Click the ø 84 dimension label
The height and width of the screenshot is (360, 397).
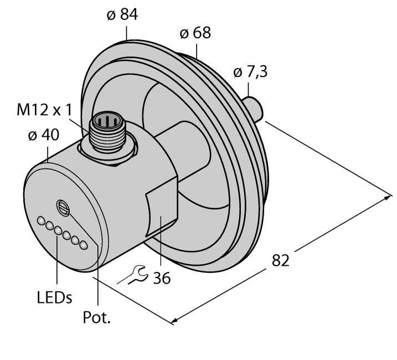coord(123,15)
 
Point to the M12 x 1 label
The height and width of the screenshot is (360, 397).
coord(47,110)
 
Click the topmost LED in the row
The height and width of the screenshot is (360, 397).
coord(41,222)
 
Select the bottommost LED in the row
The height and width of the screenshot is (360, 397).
coord(84,245)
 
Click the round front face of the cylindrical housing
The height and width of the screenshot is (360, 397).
coord(61,222)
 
